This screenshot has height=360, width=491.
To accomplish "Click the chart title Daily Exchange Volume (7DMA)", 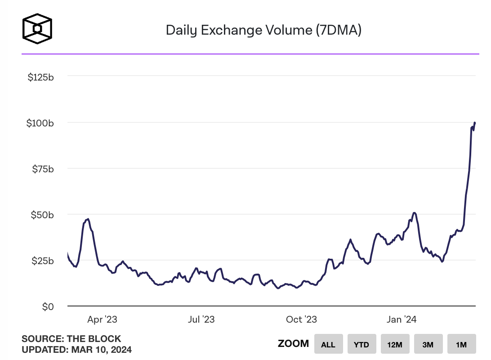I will (263, 30).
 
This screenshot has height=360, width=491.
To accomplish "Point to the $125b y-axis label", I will (41, 77).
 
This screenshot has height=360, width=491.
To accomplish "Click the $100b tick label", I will (41, 123).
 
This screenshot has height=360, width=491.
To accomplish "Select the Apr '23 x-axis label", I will (102, 319).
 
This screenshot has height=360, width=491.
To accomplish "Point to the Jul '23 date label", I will (201, 319).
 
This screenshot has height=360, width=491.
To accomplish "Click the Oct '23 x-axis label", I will (301, 319).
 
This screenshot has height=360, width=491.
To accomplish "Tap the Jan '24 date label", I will (402, 319).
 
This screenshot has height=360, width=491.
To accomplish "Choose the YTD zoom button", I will (362, 345).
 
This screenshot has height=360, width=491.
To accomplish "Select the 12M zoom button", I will (395, 345).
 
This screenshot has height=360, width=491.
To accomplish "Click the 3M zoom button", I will (428, 345).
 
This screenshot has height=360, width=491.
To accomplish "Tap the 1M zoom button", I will (461, 345).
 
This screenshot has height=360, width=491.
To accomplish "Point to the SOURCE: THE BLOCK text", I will (71, 339).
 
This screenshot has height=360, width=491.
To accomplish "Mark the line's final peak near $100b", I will (475, 122).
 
